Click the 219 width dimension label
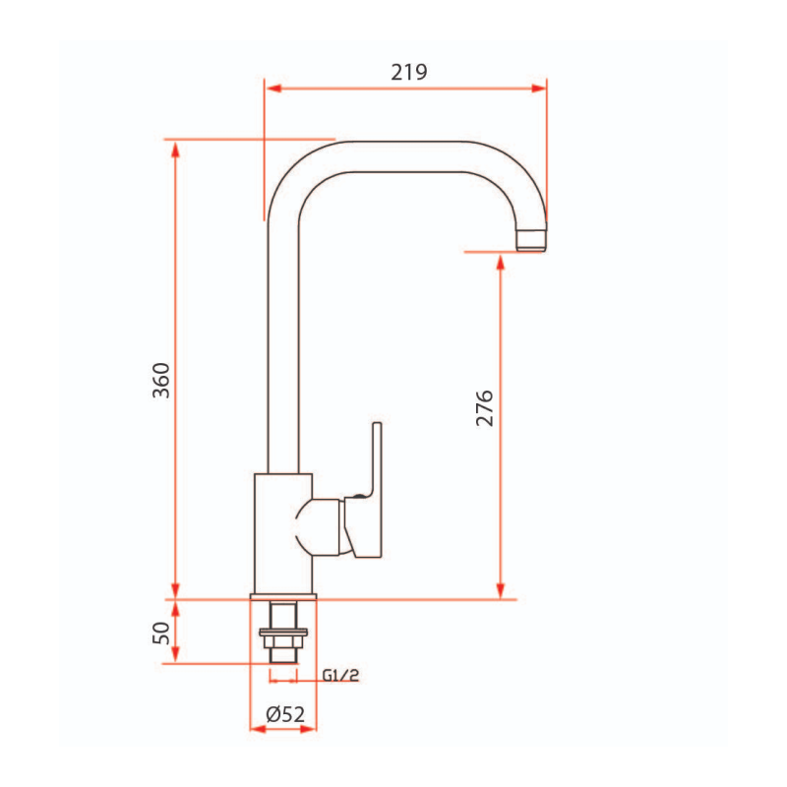(x=408, y=72)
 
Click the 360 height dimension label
(x=161, y=381)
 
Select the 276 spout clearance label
(x=484, y=407)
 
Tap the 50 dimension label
(x=161, y=631)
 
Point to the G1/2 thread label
(x=340, y=675)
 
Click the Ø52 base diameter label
(x=284, y=714)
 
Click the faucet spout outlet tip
(x=531, y=240)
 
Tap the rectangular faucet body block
(x=283, y=531)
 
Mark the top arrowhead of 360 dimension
(x=175, y=148)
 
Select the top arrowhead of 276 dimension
(x=502, y=260)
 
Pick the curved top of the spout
(x=413, y=155)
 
